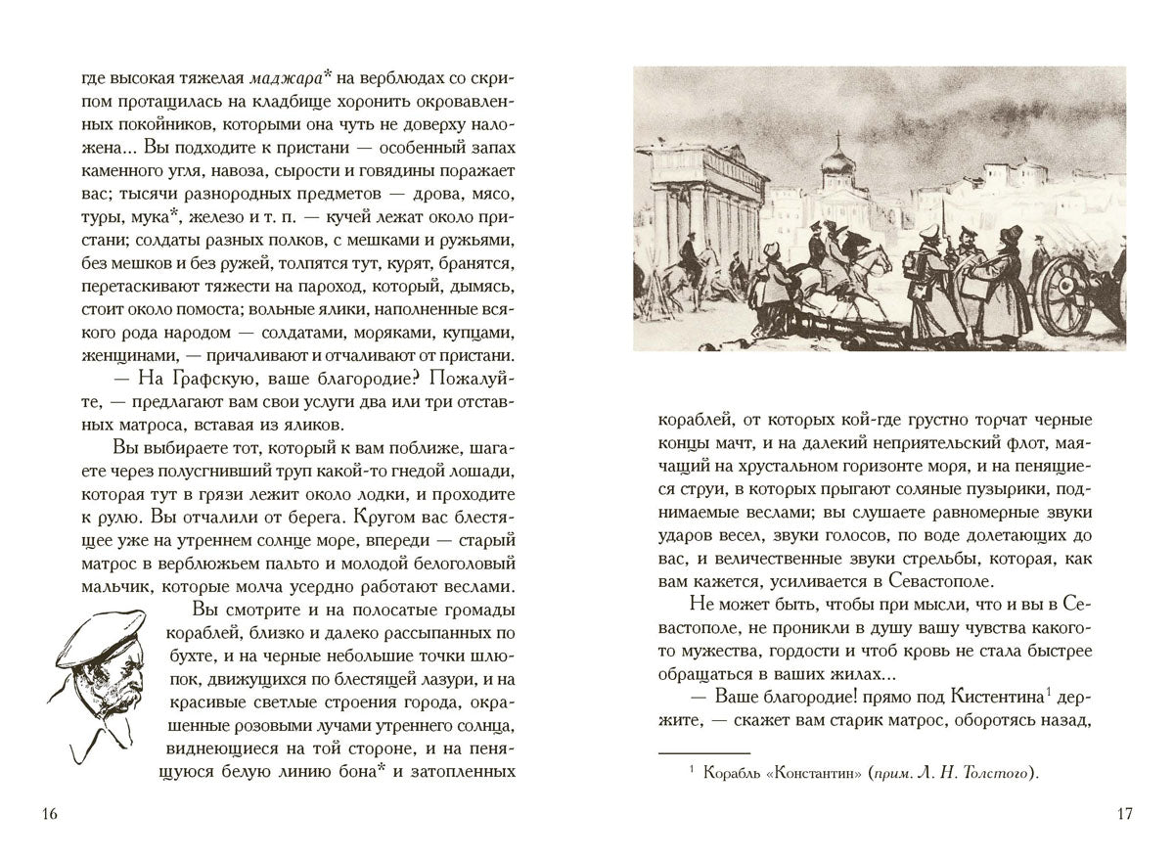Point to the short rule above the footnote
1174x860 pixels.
(702, 752)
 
